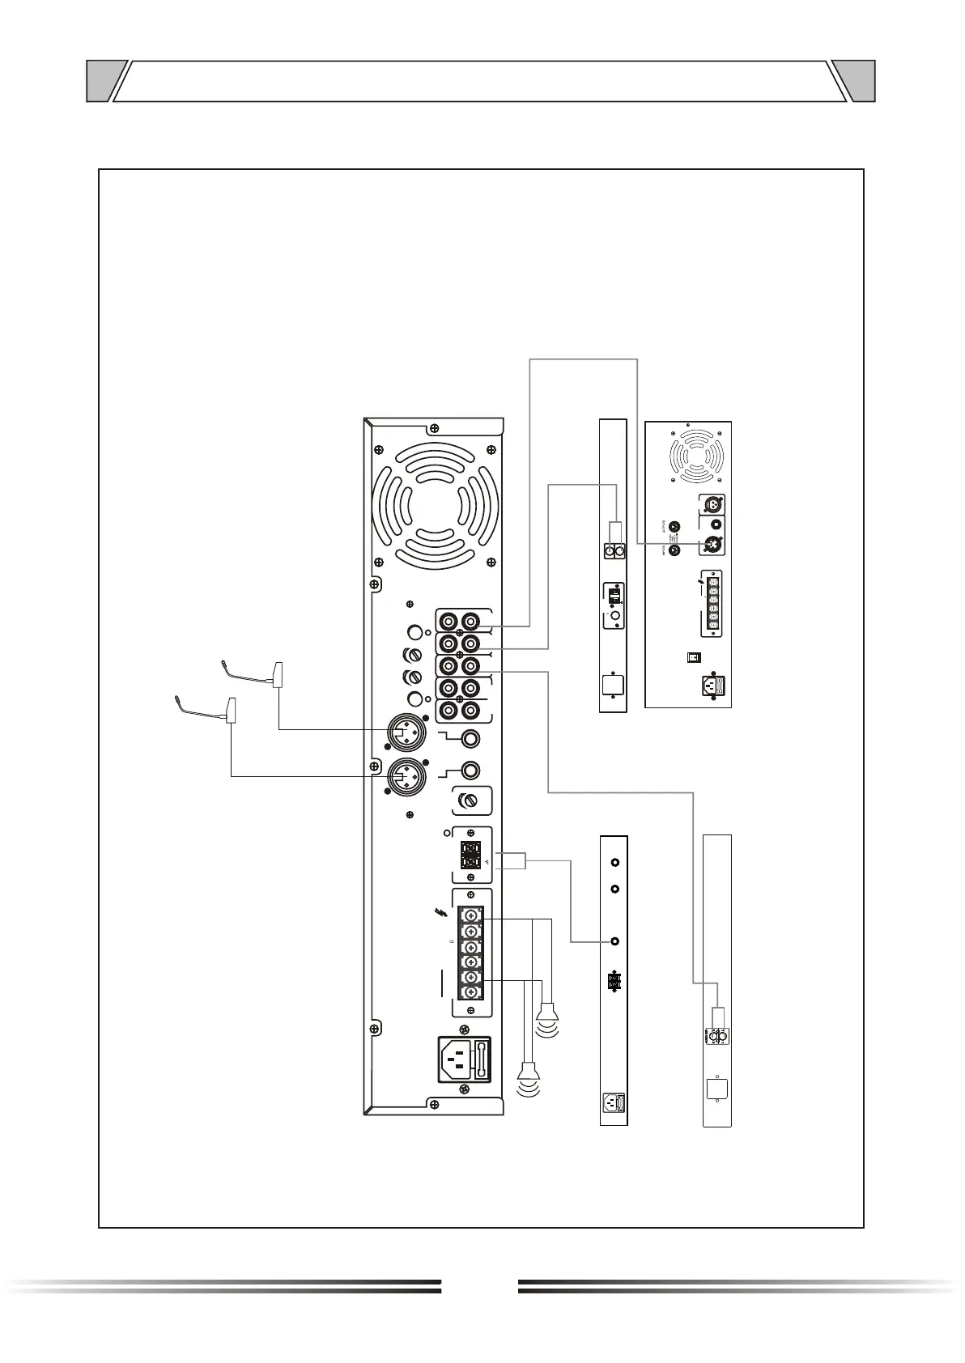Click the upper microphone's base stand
coord(278,674)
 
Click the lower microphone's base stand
coord(231,709)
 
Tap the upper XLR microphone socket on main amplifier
coord(404,732)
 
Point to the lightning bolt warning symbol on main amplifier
coord(441,913)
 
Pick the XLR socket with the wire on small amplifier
coord(711,543)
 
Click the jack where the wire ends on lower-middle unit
coord(615,941)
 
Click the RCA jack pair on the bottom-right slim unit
coord(716,1036)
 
